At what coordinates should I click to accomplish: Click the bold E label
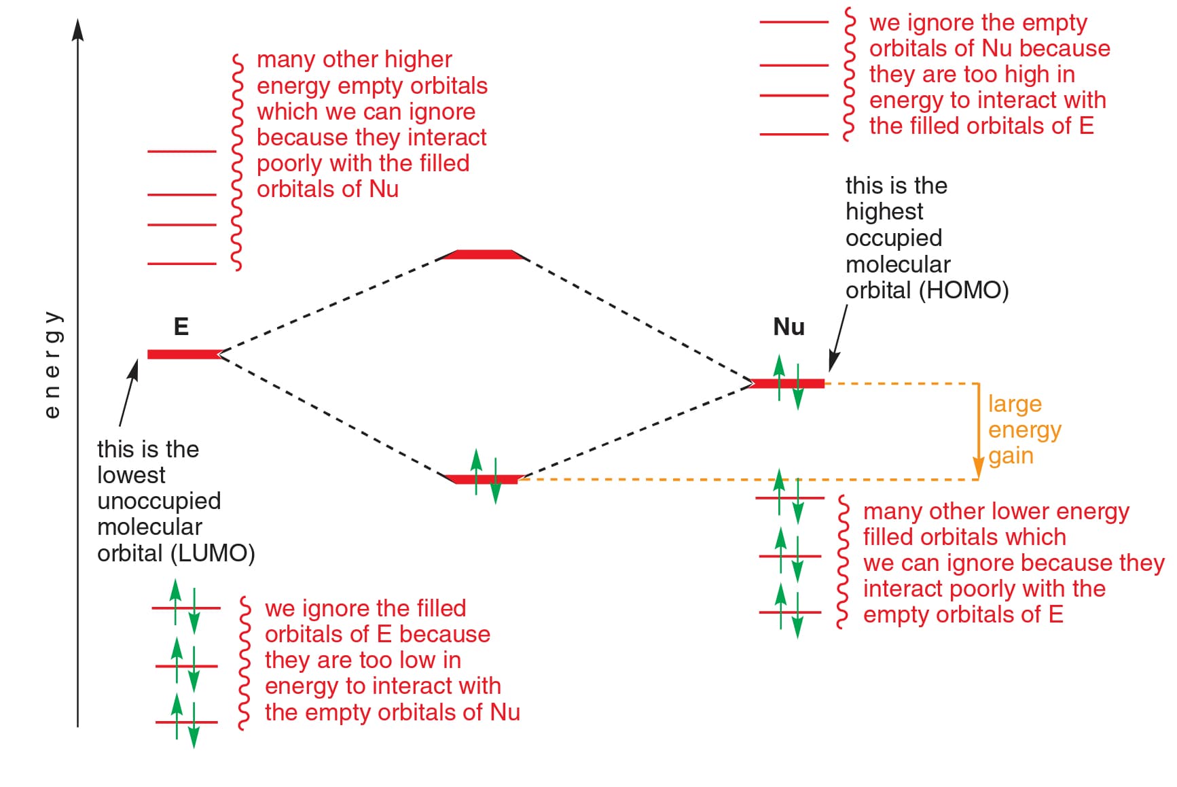[x=181, y=326]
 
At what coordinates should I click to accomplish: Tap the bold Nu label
[x=789, y=327]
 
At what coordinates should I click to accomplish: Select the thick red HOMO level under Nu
[x=786, y=384]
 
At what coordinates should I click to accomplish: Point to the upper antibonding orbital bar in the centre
[x=483, y=255]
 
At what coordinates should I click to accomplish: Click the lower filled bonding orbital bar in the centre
[x=483, y=479]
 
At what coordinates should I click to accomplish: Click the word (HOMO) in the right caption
[x=964, y=290]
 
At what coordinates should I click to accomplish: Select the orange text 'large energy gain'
[x=1024, y=430]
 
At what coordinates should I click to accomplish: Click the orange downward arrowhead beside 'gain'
[x=978, y=468]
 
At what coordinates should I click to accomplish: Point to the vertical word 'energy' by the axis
[x=52, y=365]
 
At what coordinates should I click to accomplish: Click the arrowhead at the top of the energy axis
[x=78, y=29]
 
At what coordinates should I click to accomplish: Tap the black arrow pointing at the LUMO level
[x=129, y=393]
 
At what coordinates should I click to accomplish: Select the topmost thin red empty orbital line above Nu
[x=794, y=22]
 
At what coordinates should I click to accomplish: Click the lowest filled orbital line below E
[x=187, y=722]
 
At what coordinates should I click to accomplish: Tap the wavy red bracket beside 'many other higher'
[x=237, y=162]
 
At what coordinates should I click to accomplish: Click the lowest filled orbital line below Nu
[x=790, y=612]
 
